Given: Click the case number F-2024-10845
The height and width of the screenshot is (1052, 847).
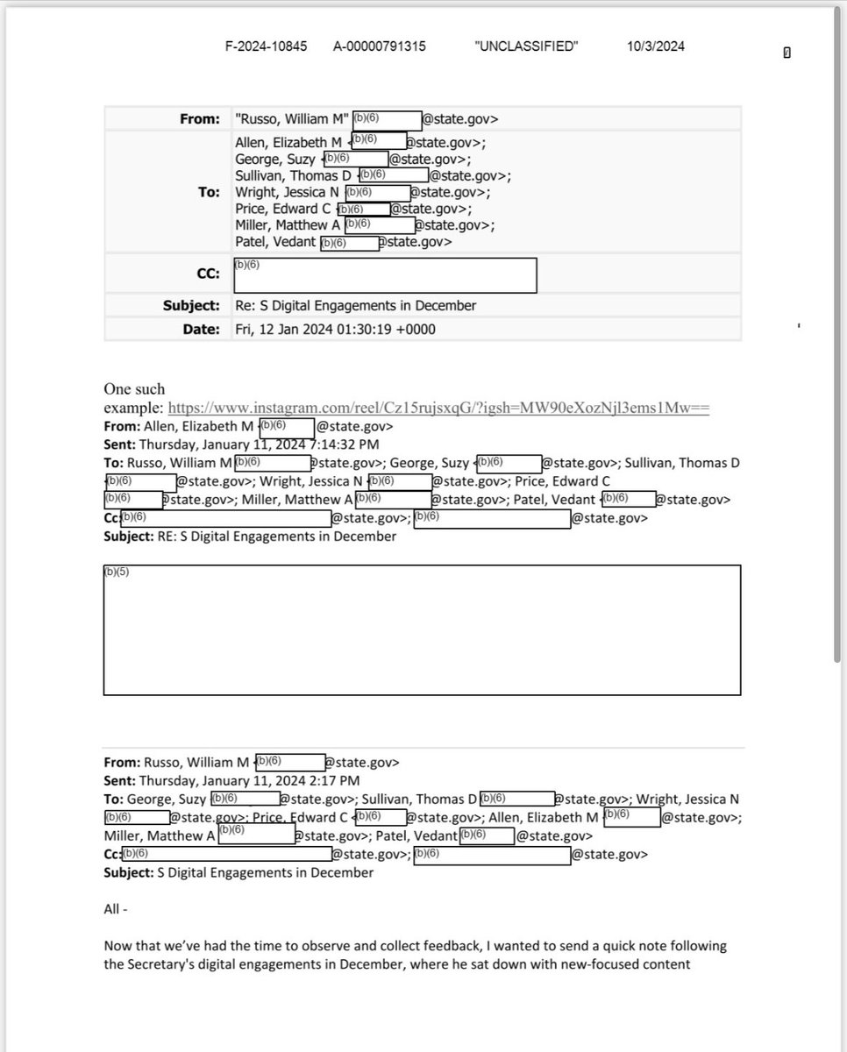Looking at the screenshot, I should [267, 46].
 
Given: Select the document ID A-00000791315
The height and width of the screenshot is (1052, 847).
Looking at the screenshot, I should [380, 46].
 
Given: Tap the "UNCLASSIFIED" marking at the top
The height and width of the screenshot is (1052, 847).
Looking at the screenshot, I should [526, 46].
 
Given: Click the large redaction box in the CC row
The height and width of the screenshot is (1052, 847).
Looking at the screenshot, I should [385, 274].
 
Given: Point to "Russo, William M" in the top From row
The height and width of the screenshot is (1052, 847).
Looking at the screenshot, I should [292, 118].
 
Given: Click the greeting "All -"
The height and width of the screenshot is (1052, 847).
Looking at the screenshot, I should [116, 909].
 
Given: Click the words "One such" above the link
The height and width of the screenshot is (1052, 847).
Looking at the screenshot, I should [134, 388].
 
